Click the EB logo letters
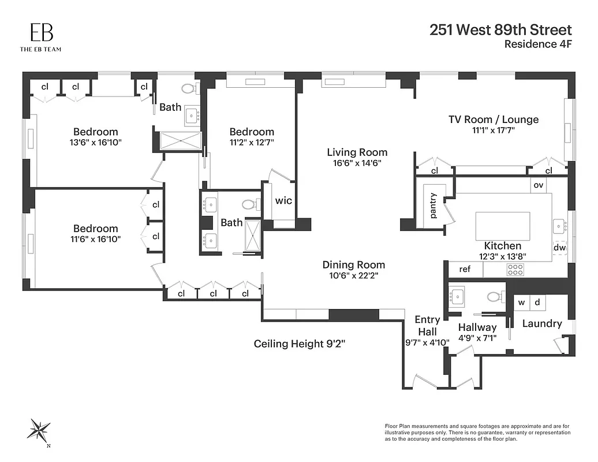point(40,32)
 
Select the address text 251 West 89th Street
point(500,30)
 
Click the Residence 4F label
point(537,44)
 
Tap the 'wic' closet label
point(283,201)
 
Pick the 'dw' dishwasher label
point(559,248)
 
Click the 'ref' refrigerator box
point(465,269)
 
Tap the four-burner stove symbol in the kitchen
point(515,269)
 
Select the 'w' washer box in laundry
point(521,303)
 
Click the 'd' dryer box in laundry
point(537,303)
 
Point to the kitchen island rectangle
point(502,226)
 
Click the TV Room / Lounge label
point(494,120)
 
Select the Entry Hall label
point(427,326)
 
